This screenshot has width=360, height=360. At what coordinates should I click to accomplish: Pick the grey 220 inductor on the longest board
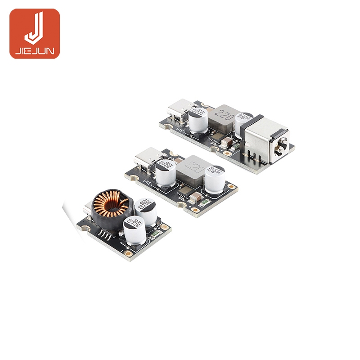pyautogui.click(x=225, y=118)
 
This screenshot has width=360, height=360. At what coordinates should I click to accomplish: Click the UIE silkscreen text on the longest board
pyautogui.click(x=179, y=131)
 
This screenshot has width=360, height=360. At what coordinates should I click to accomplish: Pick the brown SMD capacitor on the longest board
pyautogui.click(x=229, y=143)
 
